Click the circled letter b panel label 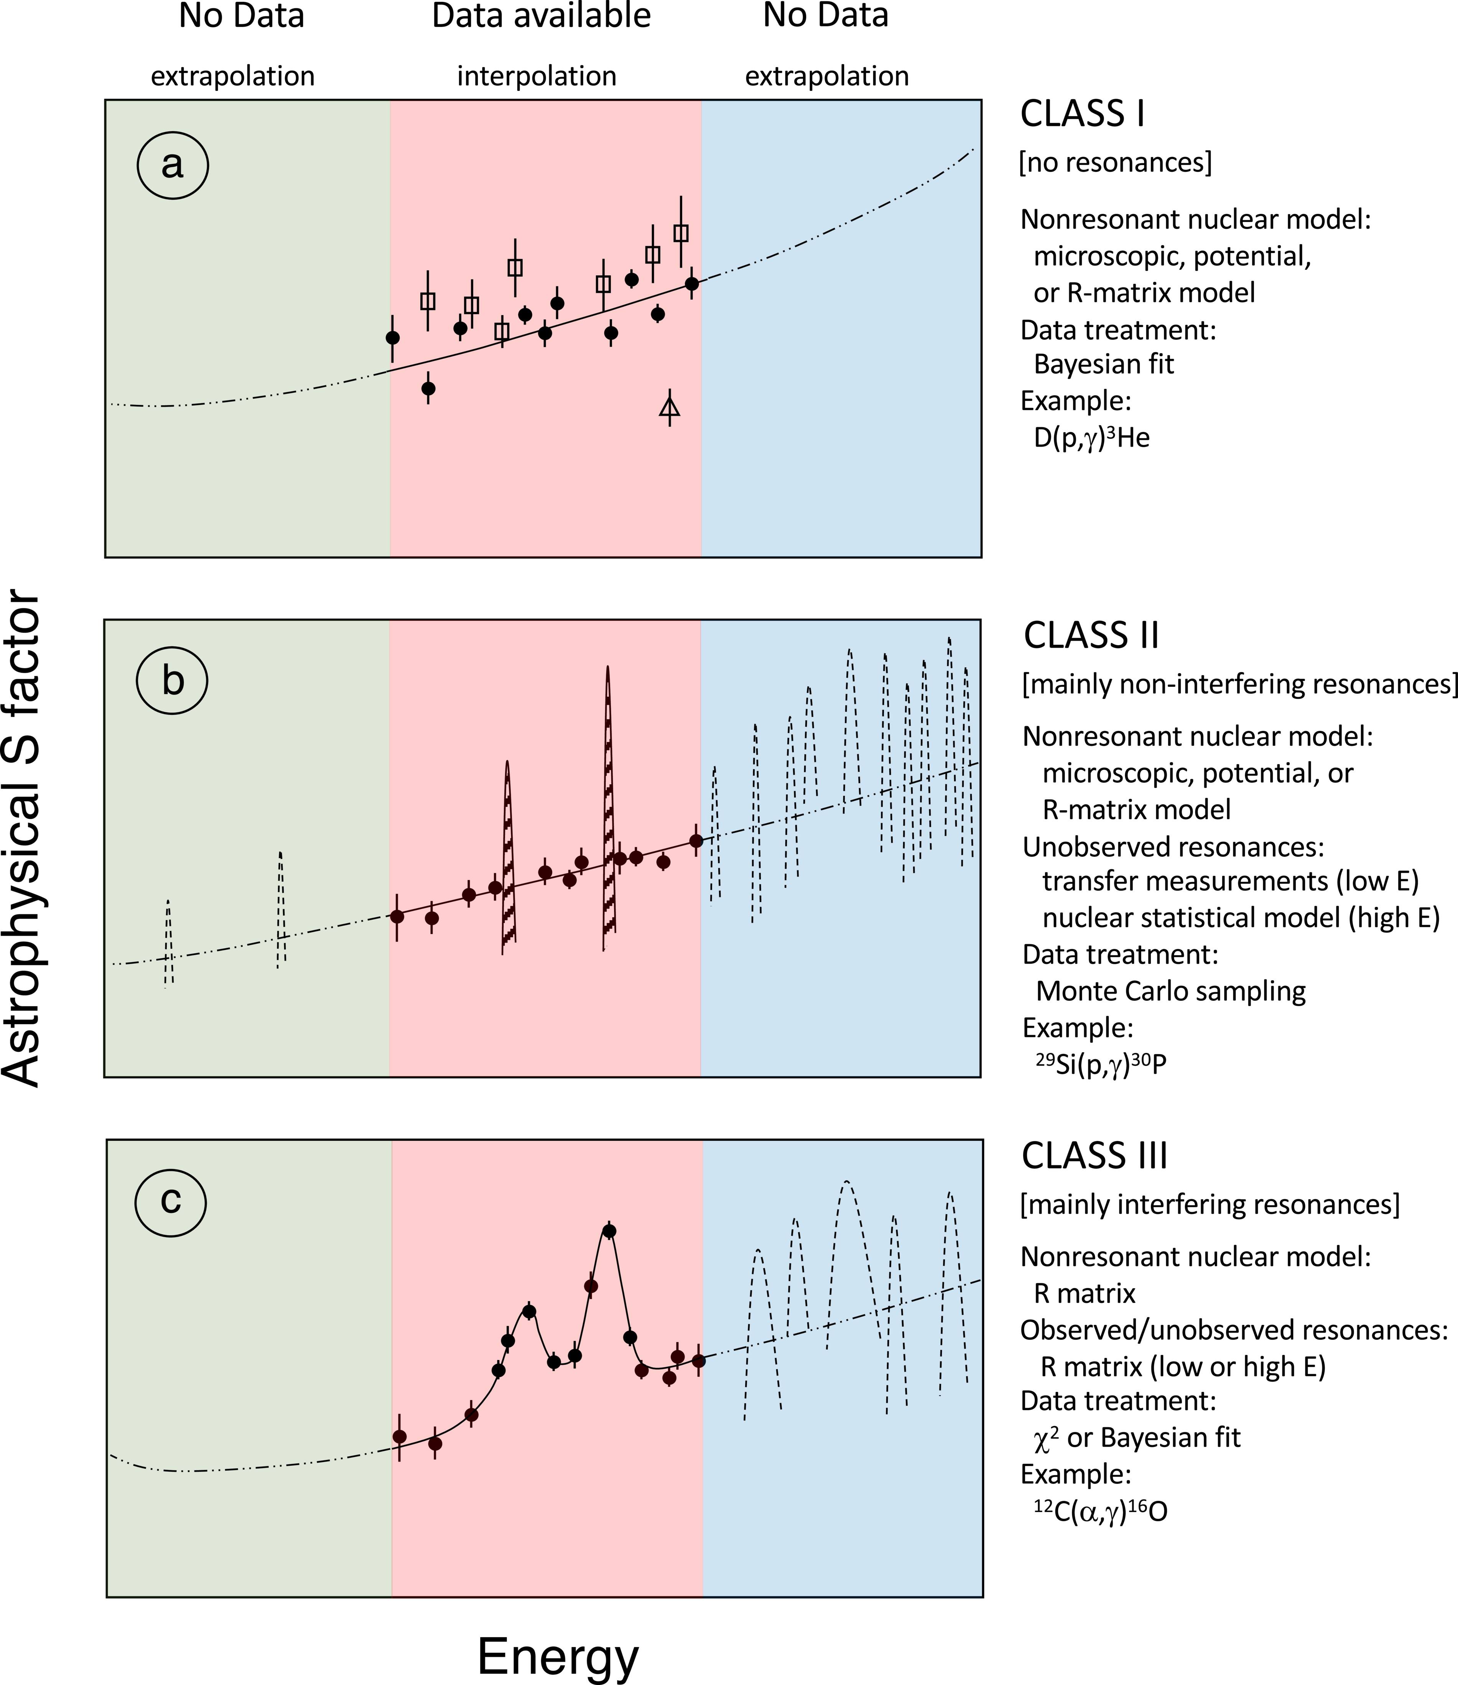coord(172,681)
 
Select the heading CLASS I coord(1083,115)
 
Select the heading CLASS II coord(1091,635)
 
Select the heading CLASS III coord(1094,1156)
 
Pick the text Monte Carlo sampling coord(1171,991)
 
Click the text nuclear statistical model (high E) coord(1241,918)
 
